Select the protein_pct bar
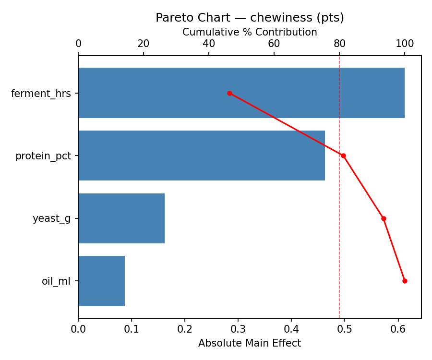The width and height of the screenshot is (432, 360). [x=202, y=156]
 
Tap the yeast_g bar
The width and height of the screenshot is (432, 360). [x=121, y=218]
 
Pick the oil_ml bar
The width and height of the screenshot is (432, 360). [x=101, y=281]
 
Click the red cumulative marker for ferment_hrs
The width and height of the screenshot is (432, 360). [x=229, y=93]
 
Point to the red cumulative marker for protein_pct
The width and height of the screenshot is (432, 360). [x=343, y=156]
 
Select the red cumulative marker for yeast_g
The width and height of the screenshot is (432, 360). [x=384, y=218]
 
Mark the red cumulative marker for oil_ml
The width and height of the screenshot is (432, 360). [x=405, y=281]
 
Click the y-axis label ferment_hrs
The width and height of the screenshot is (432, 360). [x=41, y=94]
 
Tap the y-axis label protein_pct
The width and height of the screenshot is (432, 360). [x=43, y=156]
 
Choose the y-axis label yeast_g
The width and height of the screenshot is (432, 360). [x=51, y=219]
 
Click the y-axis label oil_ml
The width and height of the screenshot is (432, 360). [x=56, y=281]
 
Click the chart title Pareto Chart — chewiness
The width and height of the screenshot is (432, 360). [x=250, y=18]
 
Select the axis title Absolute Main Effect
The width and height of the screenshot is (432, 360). [x=250, y=343]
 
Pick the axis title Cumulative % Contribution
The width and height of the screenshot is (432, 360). [x=250, y=32]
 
